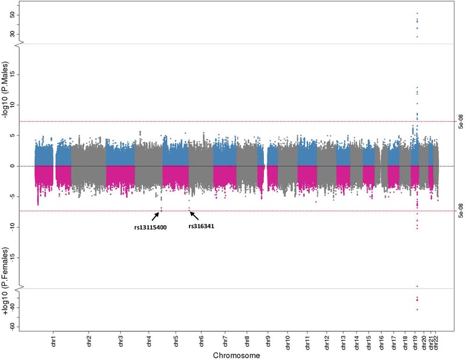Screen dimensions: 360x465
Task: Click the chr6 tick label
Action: pyautogui.click(x=201, y=340)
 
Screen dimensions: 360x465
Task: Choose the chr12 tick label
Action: pyautogui.click(x=327, y=340)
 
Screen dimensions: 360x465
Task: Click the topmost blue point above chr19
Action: pyautogui.click(x=417, y=13)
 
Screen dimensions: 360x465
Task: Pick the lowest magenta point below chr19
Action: pyautogui.click(x=417, y=309)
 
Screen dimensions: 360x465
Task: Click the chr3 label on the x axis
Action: pyautogui.click(x=120, y=340)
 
